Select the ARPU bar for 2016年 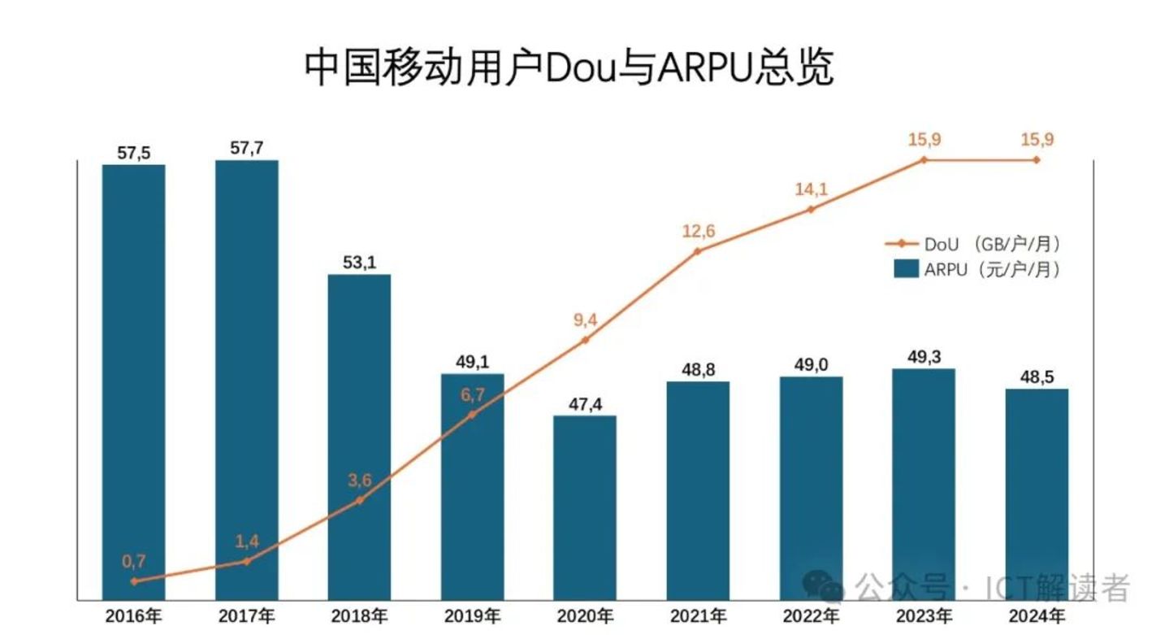point(134,382)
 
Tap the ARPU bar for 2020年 point(585,508)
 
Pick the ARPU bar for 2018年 point(359,439)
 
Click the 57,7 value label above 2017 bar point(247,148)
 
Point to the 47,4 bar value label point(585,404)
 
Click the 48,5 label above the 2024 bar point(1037,377)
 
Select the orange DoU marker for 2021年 point(698,251)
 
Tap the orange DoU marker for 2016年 point(134,581)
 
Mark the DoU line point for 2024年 point(1037,160)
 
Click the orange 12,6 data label point(698,232)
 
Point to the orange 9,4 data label point(585,320)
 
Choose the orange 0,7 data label point(134,560)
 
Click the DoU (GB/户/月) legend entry point(975,244)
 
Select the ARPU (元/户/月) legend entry point(975,270)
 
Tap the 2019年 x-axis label point(473,615)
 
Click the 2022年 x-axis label point(812,615)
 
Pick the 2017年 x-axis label point(247,615)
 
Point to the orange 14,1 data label point(811,189)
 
